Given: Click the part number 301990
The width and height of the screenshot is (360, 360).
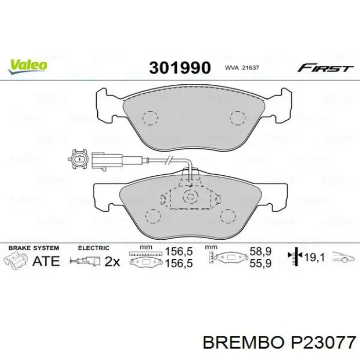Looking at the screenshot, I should [x=179, y=68].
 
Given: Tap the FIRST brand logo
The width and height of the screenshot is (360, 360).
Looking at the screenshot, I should [x=326, y=68].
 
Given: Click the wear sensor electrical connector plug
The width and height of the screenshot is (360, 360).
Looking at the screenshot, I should [x=80, y=159].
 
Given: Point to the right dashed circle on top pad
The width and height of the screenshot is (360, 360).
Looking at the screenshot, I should [x=238, y=118].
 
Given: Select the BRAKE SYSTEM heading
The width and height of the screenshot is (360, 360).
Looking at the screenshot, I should [x=31, y=248].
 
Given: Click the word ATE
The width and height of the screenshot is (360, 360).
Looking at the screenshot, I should [x=46, y=261].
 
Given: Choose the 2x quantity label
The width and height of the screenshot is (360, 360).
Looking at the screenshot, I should [x=112, y=261].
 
